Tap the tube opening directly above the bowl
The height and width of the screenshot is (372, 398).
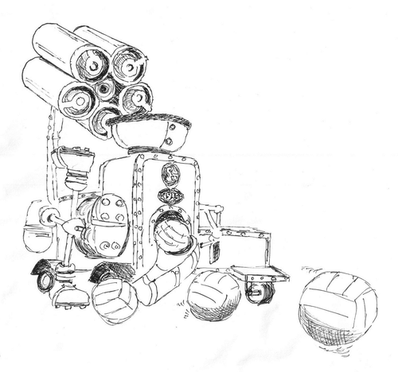point(104,120)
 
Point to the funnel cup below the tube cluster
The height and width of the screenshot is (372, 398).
point(74,163)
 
